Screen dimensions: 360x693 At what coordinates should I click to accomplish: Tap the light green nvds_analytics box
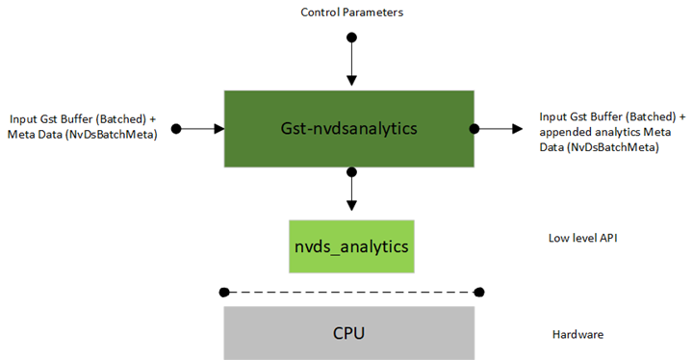[351, 245]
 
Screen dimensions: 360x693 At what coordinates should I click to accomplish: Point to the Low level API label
[575, 237]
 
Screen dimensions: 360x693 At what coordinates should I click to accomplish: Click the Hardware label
[577, 334]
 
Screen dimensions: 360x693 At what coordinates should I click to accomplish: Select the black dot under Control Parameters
[351, 37]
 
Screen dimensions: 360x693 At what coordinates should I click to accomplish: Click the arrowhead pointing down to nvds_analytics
[351, 205]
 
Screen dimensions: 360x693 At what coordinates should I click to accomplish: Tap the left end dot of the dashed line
[223, 291]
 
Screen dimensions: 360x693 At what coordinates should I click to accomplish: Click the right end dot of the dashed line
[479, 291]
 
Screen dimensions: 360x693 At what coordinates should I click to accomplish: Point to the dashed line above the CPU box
[351, 291]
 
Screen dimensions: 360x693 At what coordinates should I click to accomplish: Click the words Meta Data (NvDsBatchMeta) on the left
[83, 134]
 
